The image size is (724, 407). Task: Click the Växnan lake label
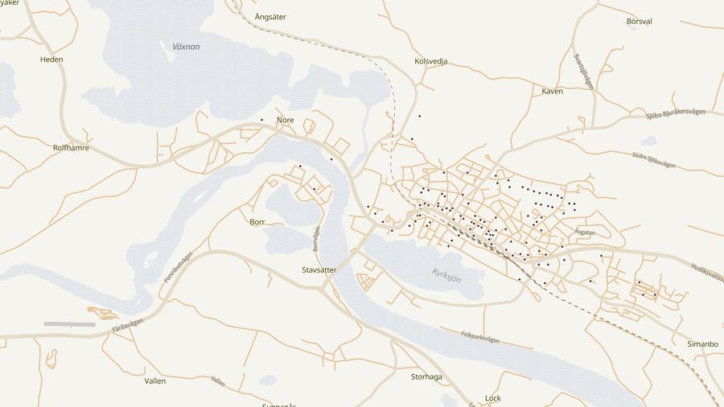(186, 47)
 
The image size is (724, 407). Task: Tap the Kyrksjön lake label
(446, 274)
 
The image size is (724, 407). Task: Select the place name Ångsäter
(270, 16)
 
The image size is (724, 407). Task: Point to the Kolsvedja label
(430, 61)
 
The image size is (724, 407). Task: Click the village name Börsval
(639, 21)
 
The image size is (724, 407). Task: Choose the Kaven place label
(552, 91)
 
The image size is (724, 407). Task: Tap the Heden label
(51, 60)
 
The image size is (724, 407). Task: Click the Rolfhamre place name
(71, 148)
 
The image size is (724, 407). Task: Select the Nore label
(285, 120)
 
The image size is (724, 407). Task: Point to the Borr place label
(257, 221)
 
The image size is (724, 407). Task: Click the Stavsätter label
(319, 270)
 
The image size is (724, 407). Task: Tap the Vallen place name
(154, 380)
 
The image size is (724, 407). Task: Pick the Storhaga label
(426, 376)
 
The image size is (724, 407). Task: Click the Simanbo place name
(702, 343)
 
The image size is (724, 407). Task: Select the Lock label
(493, 398)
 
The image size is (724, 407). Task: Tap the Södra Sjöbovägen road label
(653, 160)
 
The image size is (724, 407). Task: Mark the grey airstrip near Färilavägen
(69, 324)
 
